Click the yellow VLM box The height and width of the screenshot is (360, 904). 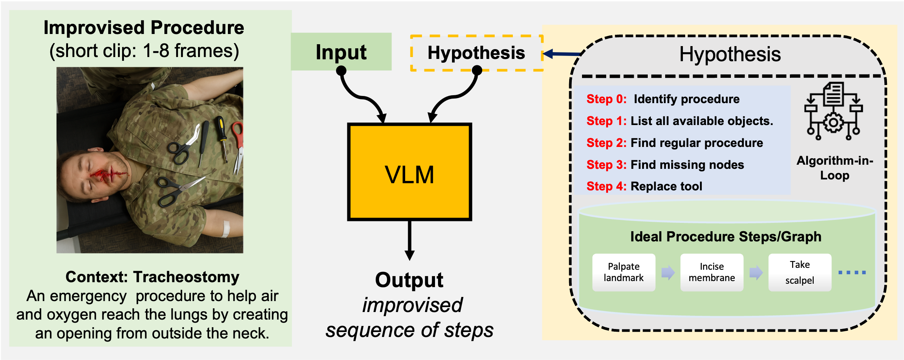point(409,172)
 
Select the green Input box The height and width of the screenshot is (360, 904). point(341,52)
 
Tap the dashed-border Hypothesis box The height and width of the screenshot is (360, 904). point(476,53)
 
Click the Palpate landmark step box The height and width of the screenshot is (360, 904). point(624,272)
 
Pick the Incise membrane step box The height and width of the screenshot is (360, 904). point(712,272)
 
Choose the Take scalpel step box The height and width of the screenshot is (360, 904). point(800,272)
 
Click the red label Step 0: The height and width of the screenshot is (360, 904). point(606,99)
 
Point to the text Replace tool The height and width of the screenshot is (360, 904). point(666,186)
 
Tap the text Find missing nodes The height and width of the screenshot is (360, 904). point(687,165)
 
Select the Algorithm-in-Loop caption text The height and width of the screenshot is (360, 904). point(834,168)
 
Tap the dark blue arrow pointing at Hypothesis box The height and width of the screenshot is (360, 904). point(561,54)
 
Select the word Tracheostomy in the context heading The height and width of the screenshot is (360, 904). point(186,277)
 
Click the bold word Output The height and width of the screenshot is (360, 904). point(409,280)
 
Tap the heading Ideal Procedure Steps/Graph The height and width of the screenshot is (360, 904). point(726,236)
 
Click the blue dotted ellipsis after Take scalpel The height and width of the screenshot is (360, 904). point(852,272)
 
